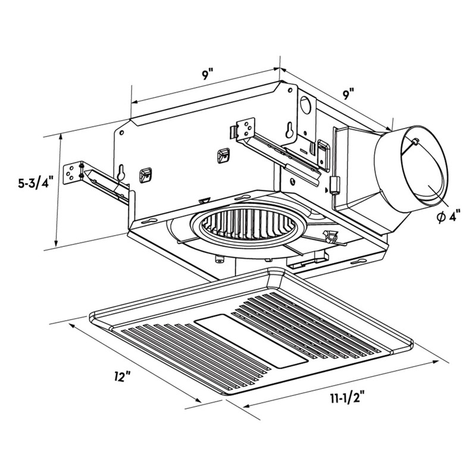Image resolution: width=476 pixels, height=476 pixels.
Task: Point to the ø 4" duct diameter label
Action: coord(447,217)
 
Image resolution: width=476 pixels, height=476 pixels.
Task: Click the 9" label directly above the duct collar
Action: coord(349,93)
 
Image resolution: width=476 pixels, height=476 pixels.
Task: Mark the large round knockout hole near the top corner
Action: coord(307,105)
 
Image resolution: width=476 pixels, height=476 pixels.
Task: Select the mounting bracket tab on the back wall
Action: coord(244,129)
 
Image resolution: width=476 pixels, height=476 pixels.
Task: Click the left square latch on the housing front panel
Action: coord(144,175)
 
